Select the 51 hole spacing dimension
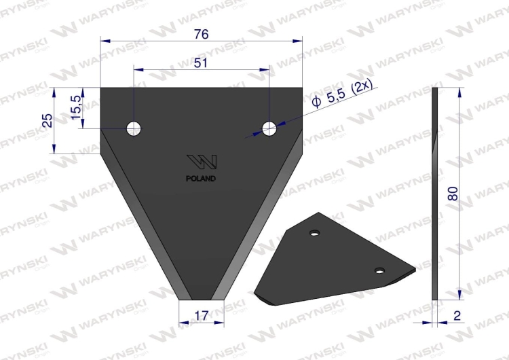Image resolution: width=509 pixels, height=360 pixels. point(201,63)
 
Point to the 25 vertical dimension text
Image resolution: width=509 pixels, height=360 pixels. point(47,120)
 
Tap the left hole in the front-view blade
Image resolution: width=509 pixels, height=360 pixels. point(134,127)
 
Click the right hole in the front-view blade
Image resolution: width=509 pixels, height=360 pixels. point(269,127)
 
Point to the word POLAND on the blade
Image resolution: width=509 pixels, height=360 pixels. point(201,179)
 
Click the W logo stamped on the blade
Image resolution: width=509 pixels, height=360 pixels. point(202,163)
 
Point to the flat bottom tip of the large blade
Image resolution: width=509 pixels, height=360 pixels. point(202,298)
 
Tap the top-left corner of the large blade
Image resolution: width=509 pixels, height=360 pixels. point(102,89)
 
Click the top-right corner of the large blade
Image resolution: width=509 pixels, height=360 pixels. point(301,89)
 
